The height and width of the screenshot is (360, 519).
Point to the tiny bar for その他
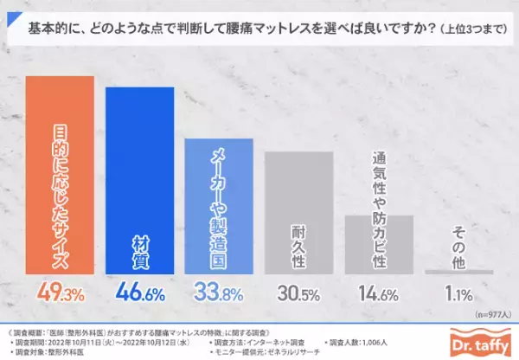click(458, 273)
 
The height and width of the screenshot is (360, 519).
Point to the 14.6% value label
click(378, 294)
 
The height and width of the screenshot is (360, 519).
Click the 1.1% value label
click(458, 294)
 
